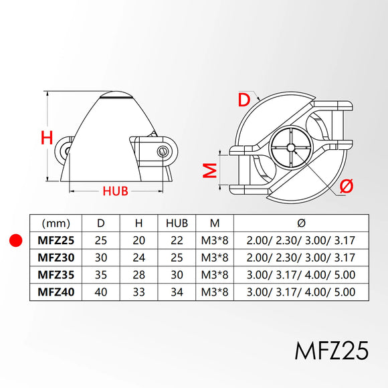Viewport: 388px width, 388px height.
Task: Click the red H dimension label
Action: [x=47, y=138]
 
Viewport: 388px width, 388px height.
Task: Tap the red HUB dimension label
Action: [x=115, y=191]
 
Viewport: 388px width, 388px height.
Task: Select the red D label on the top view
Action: [x=244, y=100]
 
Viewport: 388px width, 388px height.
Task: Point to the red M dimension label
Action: [x=210, y=171]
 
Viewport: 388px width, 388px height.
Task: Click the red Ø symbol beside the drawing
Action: [x=347, y=186]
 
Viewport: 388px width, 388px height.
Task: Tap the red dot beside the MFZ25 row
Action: [x=16, y=240]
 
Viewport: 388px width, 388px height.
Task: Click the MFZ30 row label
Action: [x=56, y=258]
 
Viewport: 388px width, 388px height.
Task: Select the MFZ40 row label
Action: [x=56, y=292]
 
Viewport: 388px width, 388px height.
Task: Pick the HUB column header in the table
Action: [x=177, y=223]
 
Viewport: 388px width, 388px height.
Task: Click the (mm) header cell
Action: [x=56, y=223]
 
